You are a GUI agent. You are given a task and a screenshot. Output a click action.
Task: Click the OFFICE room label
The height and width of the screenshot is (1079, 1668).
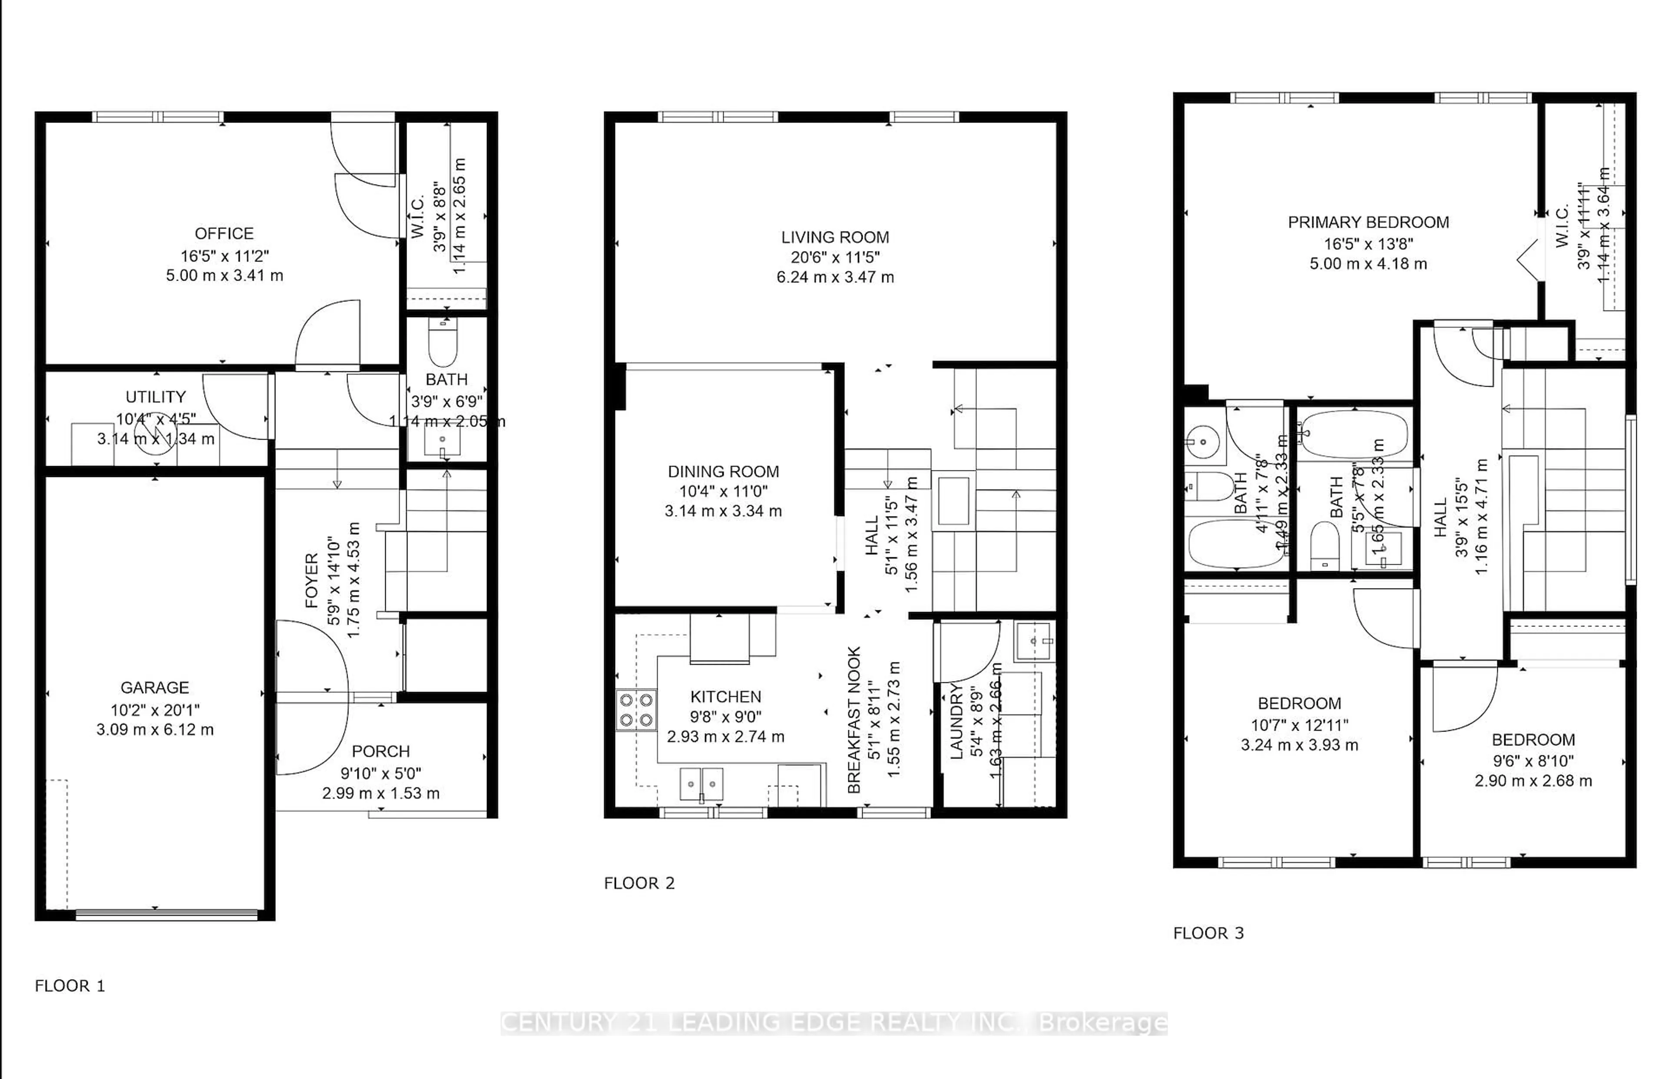coord(224,233)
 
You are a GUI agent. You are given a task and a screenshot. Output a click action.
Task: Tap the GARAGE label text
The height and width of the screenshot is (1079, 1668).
coord(154,687)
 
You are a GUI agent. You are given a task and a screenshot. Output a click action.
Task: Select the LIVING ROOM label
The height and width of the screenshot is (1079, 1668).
coord(835,238)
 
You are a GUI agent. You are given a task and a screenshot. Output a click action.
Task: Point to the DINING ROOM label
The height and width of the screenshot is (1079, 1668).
coord(723,472)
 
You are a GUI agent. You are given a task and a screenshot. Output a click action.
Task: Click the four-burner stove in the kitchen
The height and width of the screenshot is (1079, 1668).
coord(636,710)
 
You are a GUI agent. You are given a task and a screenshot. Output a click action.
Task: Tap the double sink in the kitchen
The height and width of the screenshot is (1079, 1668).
coord(701,783)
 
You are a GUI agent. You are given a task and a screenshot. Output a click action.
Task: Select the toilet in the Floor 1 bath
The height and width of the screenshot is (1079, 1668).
coord(443,343)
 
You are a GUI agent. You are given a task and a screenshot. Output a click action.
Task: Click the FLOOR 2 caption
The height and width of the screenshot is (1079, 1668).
coord(639,884)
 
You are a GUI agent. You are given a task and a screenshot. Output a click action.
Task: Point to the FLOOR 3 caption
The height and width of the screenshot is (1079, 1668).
coord(1208,933)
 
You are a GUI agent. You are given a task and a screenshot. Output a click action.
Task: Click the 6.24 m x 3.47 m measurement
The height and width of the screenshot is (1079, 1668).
coord(835,278)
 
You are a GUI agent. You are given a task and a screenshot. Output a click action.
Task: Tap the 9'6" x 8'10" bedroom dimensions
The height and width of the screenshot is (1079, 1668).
coord(1533,760)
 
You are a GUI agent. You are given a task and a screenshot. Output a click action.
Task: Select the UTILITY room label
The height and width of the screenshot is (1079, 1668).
coord(156,397)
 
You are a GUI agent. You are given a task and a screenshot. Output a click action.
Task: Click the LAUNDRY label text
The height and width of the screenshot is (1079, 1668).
coord(957,722)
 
